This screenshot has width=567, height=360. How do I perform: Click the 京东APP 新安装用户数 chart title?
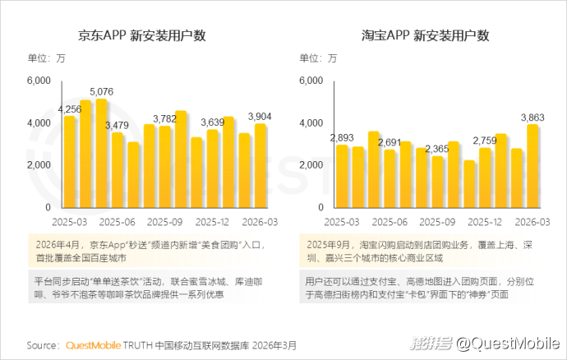(x=141, y=35)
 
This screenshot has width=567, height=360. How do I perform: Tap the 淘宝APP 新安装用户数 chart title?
(x=426, y=35)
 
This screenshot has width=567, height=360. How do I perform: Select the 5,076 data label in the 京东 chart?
(x=102, y=91)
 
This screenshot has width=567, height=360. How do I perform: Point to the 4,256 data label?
(x=70, y=109)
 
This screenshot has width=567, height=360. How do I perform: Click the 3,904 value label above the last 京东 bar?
(x=260, y=117)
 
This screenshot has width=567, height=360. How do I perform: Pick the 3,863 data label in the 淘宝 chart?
(x=532, y=118)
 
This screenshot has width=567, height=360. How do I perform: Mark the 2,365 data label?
(x=437, y=149)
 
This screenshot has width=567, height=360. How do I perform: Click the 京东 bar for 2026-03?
(x=260, y=166)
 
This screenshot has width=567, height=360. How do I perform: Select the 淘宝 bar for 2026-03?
(x=532, y=166)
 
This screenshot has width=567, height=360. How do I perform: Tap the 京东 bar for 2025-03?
(x=69, y=162)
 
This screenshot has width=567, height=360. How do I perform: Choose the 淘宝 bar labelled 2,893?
(x=342, y=177)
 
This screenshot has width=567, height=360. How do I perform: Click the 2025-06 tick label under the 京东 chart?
(x=118, y=222)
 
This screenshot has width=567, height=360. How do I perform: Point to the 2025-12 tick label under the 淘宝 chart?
(x=485, y=222)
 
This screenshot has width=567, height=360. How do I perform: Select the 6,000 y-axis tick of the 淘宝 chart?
(x=311, y=81)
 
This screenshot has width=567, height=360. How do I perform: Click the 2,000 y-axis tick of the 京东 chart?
(x=39, y=165)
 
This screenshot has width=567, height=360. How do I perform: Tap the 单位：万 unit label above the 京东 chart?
(x=46, y=58)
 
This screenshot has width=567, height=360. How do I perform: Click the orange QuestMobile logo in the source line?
(x=94, y=345)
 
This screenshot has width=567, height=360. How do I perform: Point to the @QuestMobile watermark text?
(x=508, y=343)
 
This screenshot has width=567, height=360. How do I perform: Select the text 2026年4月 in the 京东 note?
(x=58, y=245)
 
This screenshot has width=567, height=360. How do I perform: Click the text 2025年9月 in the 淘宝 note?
(x=329, y=245)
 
